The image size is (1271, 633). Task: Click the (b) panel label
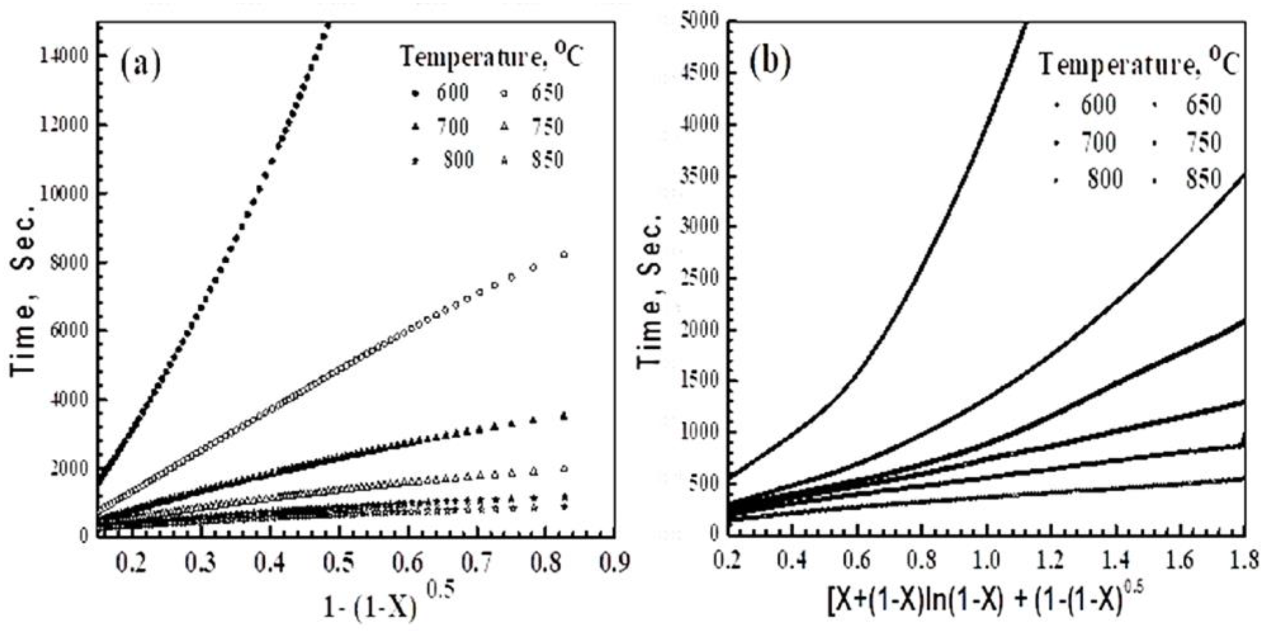coord(770,62)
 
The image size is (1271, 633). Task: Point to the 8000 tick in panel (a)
coord(68,262)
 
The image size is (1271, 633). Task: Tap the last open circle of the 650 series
coord(564,254)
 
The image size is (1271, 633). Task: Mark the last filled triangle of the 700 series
coord(564,416)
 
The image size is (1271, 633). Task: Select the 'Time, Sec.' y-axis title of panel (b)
coord(653,291)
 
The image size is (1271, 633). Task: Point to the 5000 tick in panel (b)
coord(700,22)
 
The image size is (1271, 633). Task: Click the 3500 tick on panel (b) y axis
coord(700,176)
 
